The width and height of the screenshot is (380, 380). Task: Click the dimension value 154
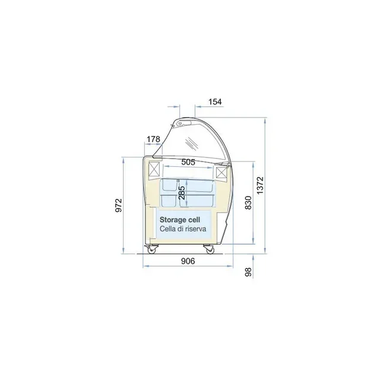pos(215,102)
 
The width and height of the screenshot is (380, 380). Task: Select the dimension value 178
pos(153,140)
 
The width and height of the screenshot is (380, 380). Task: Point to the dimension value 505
pos(188,162)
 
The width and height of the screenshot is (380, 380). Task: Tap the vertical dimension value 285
pos(182,193)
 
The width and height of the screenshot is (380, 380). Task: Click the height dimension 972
pos(119,205)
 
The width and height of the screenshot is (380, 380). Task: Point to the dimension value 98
pos(249,272)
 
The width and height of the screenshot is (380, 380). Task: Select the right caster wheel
pos(209,249)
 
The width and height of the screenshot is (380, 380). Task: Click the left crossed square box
pos(155,170)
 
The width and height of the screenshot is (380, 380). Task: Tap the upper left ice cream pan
pos(170,185)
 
